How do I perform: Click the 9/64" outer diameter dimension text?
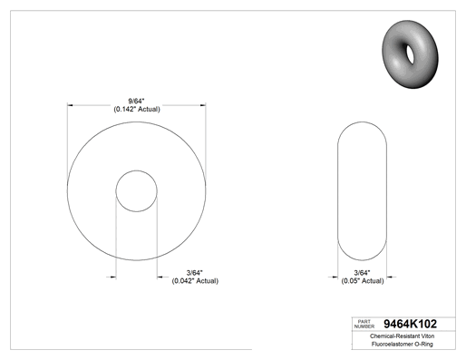coord(137,101)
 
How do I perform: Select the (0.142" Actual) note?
coord(137,109)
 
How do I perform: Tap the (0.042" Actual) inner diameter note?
coord(195,281)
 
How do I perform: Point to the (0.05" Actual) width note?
coord(363,281)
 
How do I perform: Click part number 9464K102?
coord(410,324)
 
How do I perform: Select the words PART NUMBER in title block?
coord(364,324)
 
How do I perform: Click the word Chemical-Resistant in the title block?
coord(393,336)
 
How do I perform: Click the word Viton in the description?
coord(426,336)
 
